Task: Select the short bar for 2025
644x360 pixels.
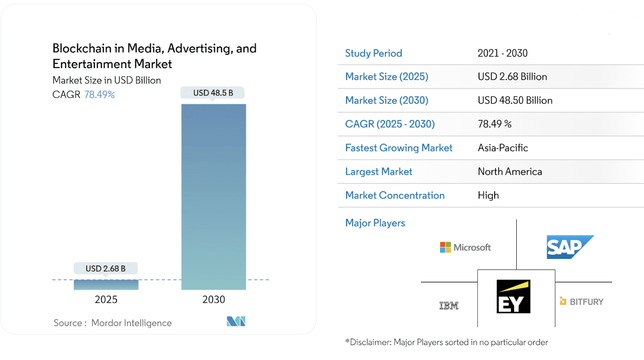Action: click(106, 285)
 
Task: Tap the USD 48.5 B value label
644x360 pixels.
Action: click(213, 93)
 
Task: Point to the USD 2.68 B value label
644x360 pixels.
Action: click(105, 269)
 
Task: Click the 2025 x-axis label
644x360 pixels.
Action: click(106, 300)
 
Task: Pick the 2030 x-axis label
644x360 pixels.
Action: click(214, 300)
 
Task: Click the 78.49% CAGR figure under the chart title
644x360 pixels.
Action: click(99, 95)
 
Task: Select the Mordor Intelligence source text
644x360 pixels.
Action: click(131, 323)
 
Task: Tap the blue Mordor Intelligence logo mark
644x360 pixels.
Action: click(236, 321)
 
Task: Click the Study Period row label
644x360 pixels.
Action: click(374, 53)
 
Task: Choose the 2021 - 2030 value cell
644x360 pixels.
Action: click(502, 53)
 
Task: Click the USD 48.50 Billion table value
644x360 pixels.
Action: click(515, 100)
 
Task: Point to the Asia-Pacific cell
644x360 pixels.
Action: click(503, 148)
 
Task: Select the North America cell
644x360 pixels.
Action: click(510, 172)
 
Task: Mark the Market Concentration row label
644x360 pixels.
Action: click(395, 195)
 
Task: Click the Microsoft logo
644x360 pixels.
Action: click(465, 247)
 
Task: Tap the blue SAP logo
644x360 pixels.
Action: click(569, 247)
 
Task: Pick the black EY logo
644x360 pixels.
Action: click(513, 296)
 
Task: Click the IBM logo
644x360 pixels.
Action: click(449, 306)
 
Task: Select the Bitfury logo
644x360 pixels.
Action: click(582, 302)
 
